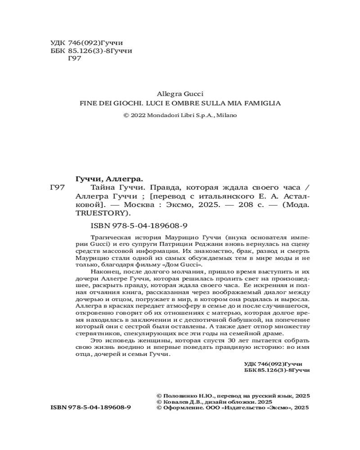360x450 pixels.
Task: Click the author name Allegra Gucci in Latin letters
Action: (x=180, y=94)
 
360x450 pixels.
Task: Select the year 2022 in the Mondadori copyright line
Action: (x=138, y=115)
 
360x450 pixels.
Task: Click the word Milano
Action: (x=226, y=115)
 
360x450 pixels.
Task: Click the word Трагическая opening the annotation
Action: (x=108, y=237)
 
